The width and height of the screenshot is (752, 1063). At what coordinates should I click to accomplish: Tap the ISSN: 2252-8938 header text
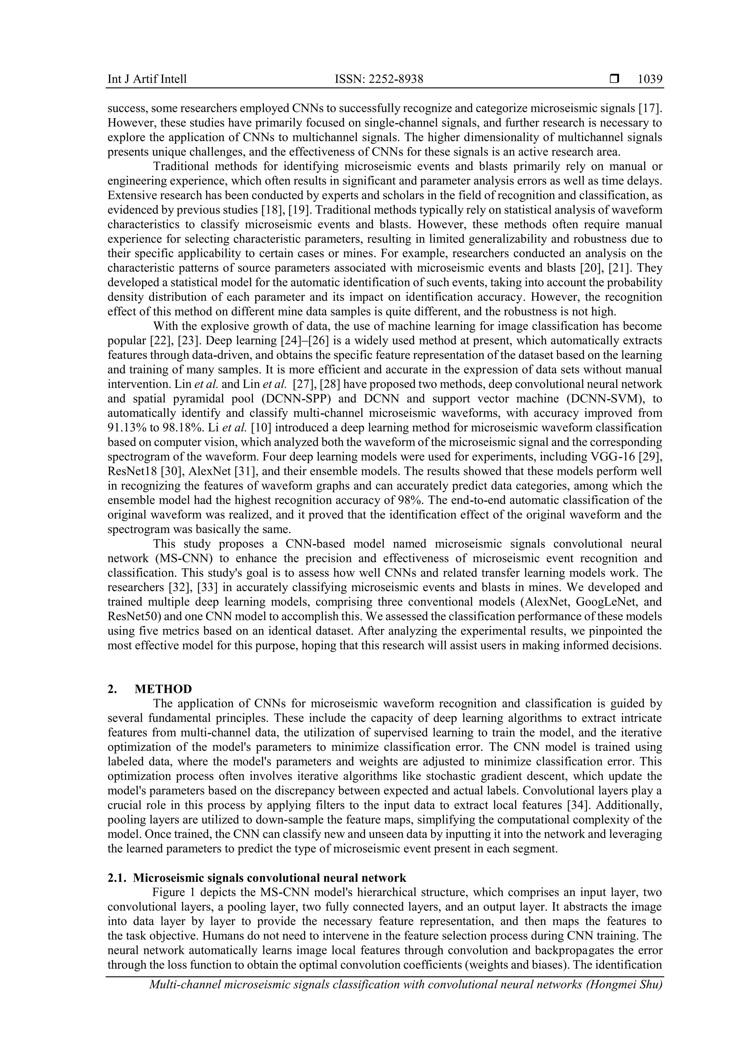pyautogui.click(x=379, y=80)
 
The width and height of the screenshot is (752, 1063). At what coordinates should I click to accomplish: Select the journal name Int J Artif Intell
pyautogui.click(x=147, y=80)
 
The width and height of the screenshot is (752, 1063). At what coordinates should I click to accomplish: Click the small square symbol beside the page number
pyautogui.click(x=614, y=79)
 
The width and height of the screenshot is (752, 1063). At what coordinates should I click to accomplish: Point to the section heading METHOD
pyautogui.click(x=163, y=689)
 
